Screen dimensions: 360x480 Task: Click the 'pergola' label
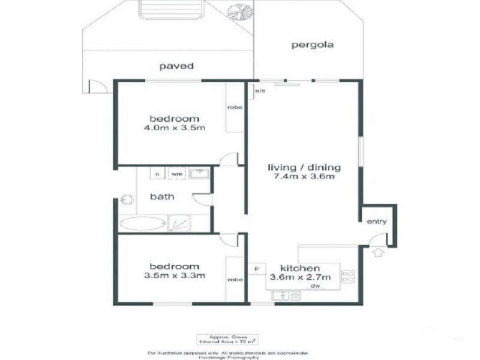point(312,45)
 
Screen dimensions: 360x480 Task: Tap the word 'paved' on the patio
point(175,67)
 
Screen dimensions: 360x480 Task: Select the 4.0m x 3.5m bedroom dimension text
point(175,127)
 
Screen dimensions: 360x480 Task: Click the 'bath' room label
point(162,196)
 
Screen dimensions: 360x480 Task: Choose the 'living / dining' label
point(304,167)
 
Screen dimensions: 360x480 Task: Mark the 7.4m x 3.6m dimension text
point(304,177)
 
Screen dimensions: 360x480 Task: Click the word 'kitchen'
point(300,268)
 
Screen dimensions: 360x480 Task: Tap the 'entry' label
point(377,221)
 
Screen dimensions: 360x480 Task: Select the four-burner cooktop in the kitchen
point(348,277)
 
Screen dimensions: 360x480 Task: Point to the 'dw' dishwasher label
point(314,287)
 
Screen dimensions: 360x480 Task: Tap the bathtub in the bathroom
point(142,224)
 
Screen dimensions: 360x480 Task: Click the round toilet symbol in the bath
point(127,199)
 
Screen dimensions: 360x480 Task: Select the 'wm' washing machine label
point(177,173)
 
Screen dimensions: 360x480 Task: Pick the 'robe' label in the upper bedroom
point(234,107)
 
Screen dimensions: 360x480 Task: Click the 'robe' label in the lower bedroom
point(234,279)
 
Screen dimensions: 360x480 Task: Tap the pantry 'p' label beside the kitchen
point(257,269)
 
